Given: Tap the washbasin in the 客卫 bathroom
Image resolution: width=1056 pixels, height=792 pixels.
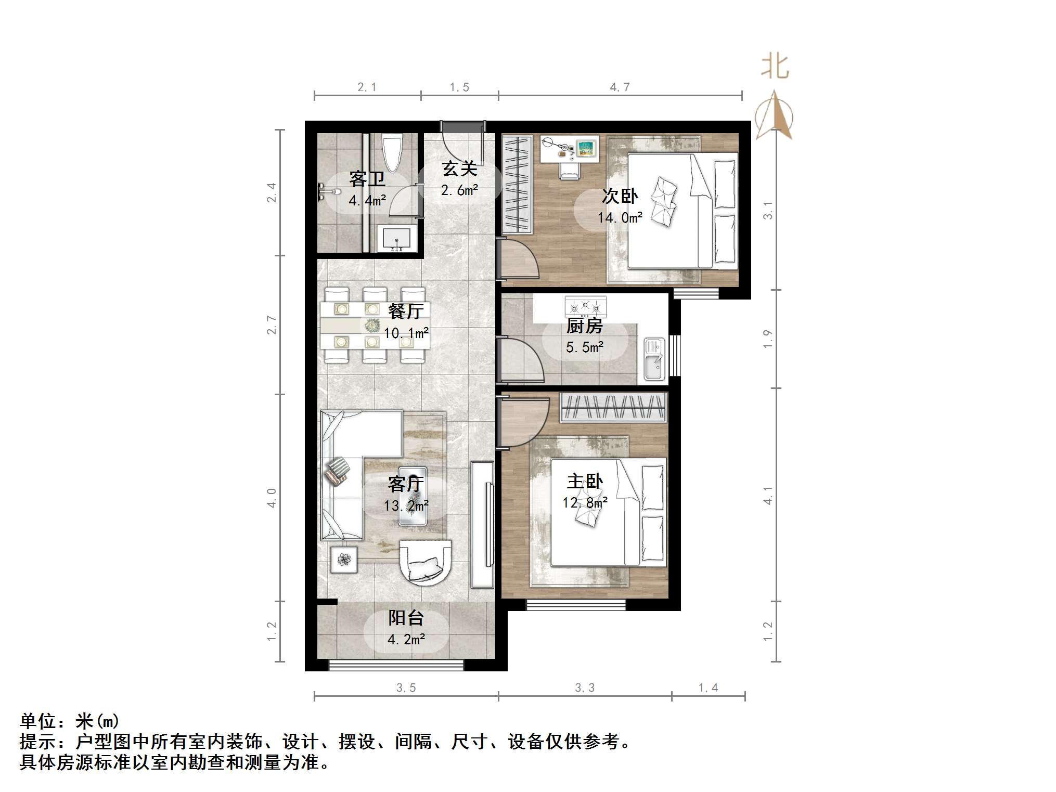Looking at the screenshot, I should [396, 239].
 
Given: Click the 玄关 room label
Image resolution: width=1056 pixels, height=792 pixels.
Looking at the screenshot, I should [460, 168].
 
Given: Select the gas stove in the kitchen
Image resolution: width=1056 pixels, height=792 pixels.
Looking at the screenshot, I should [586, 306].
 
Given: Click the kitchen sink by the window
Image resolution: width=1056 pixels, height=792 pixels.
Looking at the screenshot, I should [654, 359].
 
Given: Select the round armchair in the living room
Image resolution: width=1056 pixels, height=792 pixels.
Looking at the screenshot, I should [425, 562].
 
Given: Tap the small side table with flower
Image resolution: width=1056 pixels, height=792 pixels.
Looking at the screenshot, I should [344, 560].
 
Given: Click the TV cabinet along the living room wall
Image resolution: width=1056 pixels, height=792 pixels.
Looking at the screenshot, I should [482, 524].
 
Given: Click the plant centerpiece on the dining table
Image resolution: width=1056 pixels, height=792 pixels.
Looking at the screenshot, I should [372, 326].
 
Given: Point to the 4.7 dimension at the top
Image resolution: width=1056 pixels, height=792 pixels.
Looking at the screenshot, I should [620, 87].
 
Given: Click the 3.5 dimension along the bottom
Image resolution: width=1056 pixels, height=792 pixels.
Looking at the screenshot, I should [406, 687].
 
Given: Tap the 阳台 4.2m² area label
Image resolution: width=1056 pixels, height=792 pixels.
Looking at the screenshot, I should [406, 628].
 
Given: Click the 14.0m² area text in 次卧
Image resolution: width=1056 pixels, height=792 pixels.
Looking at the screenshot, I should [620, 217].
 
